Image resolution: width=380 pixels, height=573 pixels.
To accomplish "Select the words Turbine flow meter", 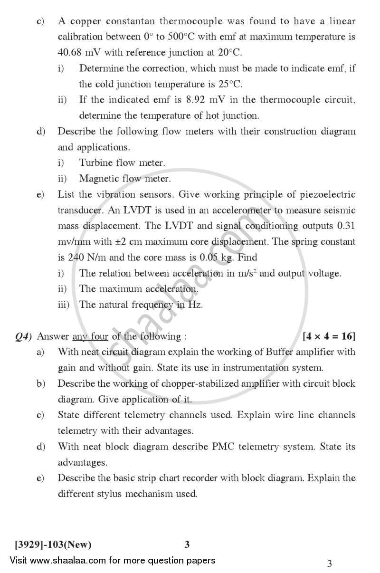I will (x=122, y=162).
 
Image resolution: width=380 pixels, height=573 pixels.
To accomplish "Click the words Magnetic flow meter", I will (x=124, y=179).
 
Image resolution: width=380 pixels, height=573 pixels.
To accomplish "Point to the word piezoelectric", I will (x=328, y=194).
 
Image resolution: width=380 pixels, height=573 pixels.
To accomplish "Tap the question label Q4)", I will (x=23, y=336).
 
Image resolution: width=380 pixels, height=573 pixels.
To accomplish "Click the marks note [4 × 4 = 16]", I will (x=329, y=336).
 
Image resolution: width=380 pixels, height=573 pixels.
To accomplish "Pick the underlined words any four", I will (x=90, y=336).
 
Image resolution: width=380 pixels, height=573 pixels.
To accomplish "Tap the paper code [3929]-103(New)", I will (x=53, y=544).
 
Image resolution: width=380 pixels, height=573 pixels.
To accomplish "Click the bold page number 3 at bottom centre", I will (x=187, y=544).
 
